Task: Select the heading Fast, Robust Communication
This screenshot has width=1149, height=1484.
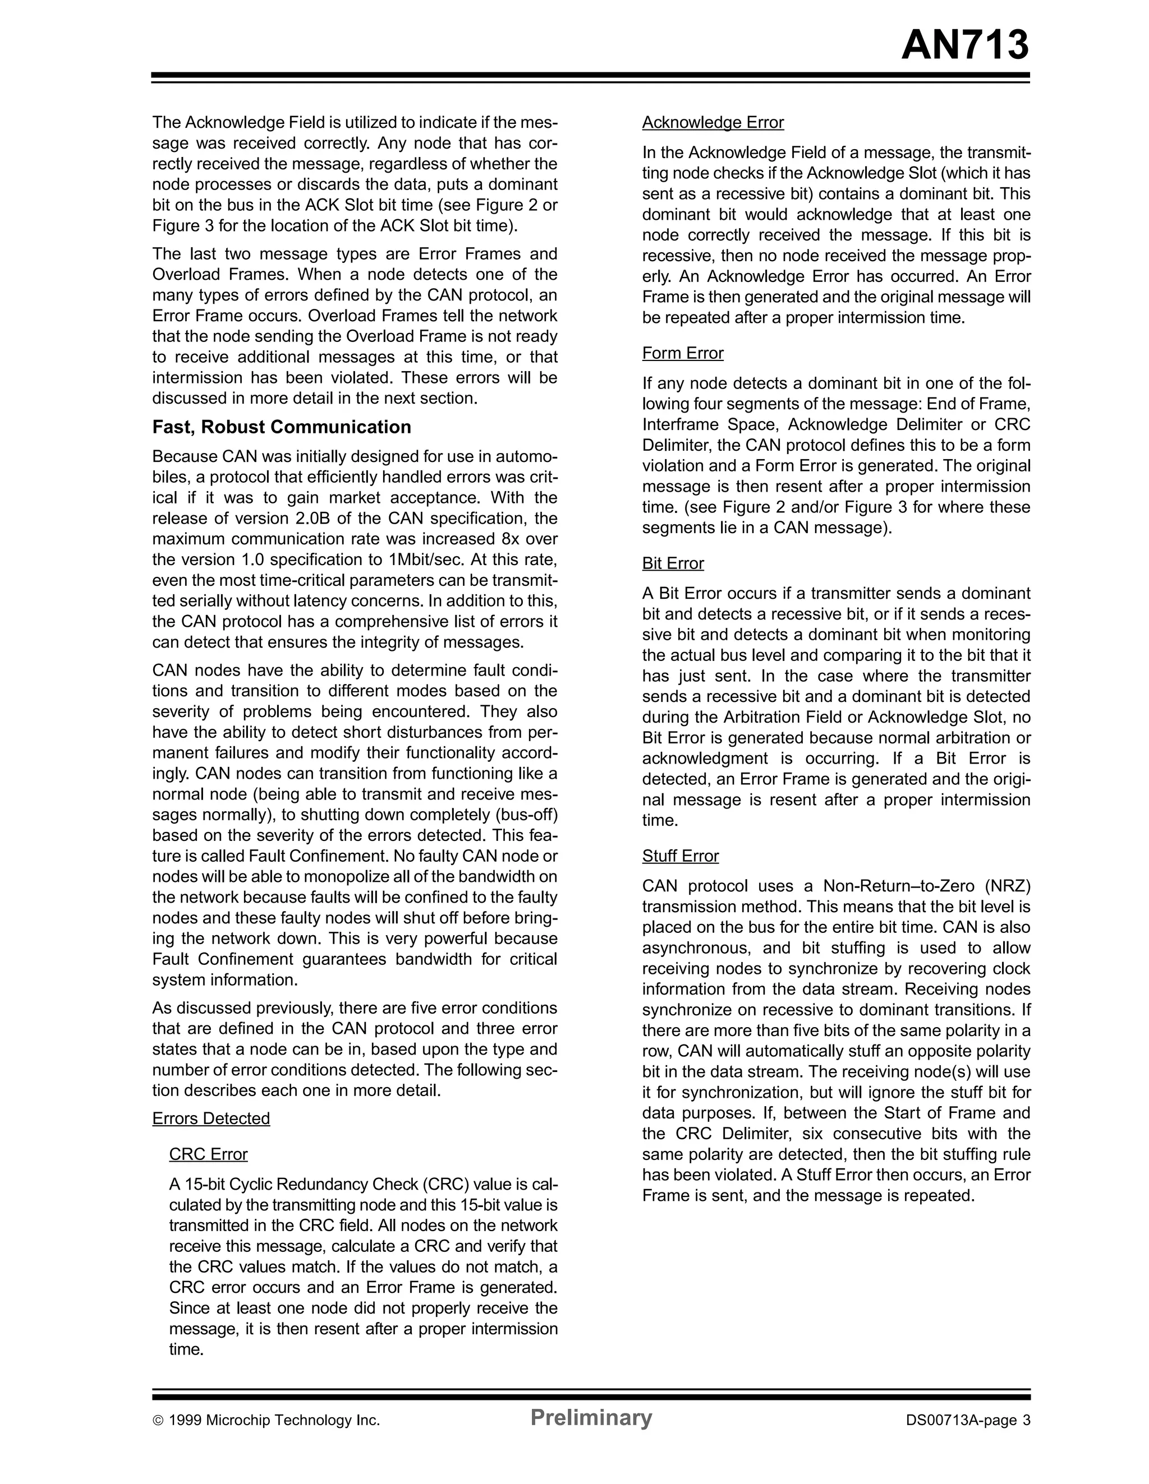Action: [282, 427]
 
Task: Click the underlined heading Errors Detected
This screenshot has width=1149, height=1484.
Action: [211, 1118]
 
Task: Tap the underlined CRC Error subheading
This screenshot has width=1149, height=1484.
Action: [208, 1154]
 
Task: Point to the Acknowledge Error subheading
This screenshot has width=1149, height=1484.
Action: [713, 122]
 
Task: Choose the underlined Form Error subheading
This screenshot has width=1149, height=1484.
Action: [683, 353]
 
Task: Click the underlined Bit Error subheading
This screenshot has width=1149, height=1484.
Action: [673, 563]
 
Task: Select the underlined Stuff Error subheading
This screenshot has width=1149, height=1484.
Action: [680, 856]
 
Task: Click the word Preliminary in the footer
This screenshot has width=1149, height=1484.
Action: [590, 1417]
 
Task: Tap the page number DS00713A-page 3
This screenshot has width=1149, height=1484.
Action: [967, 1420]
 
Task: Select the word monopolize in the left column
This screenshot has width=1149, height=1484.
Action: [316, 876]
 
